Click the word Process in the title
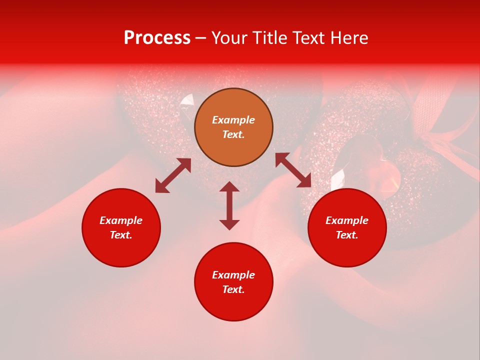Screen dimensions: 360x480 157,38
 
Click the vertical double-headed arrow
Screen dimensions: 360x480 229,205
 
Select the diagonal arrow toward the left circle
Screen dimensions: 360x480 173,175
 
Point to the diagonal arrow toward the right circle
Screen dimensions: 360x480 293,170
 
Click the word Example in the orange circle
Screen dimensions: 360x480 233,120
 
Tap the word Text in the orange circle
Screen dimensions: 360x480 233,134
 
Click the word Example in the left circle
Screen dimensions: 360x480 121,220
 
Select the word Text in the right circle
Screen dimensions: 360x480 347,235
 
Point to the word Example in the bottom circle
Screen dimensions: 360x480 233,275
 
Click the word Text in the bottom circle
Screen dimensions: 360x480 233,289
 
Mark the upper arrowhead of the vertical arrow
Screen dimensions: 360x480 229,187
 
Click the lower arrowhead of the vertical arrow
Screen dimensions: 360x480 229,224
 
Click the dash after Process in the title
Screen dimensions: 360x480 201,38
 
